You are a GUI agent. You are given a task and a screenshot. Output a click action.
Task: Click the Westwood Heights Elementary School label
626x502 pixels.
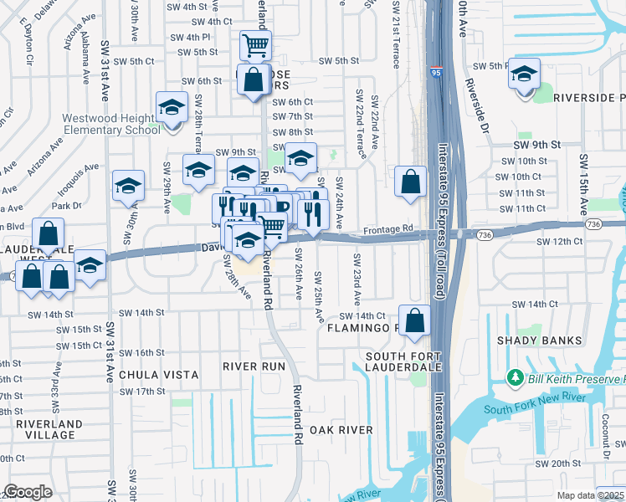pyautogui.click(x=112, y=124)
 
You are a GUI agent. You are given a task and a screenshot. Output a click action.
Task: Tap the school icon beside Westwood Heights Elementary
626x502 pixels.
pyautogui.click(x=171, y=109)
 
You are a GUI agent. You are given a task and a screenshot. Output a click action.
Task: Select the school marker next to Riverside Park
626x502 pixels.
pyautogui.click(x=525, y=76)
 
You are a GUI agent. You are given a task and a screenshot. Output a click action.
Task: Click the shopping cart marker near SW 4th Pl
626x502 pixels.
pyautogui.click(x=255, y=45)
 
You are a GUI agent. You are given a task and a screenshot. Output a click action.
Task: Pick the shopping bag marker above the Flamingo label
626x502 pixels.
pyautogui.click(x=414, y=320)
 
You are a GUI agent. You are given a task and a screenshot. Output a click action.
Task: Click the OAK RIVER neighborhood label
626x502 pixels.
pyautogui.click(x=341, y=430)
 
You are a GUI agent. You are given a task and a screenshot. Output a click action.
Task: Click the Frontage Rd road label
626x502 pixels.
pyautogui.click(x=388, y=228)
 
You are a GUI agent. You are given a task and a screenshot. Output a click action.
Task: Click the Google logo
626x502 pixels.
pyautogui.click(x=28, y=492)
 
